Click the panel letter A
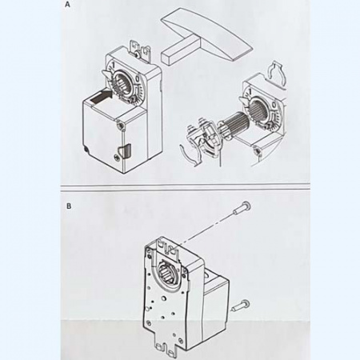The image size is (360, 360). [68, 5]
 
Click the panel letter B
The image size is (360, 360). [69, 206]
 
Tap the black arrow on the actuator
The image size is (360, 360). [100, 96]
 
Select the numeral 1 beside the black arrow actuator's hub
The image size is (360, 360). [113, 65]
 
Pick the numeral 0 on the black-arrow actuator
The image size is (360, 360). [138, 79]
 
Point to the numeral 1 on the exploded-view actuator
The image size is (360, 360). [250, 92]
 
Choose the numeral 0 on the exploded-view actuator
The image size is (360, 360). [274, 105]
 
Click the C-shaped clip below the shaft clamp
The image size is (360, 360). [189, 155]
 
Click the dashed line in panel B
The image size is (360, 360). [206, 229]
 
